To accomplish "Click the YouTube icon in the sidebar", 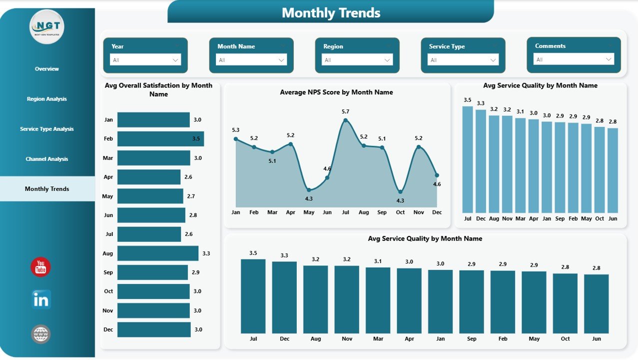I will [x=40, y=267].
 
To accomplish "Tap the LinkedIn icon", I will [x=41, y=299].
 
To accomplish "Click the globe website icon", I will [x=41, y=334].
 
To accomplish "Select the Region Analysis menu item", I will [x=47, y=99].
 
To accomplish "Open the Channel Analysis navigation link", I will [x=47, y=159].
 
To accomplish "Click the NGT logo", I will [x=47, y=26].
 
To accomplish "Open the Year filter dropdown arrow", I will [x=175, y=60].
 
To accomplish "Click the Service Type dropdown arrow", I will [x=493, y=60].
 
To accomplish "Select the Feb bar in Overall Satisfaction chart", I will [x=160, y=138].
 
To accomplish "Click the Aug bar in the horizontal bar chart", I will [x=157, y=253].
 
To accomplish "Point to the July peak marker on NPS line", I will [x=345, y=119].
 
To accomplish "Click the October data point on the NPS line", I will [x=400, y=191].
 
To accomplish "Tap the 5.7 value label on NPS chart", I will [x=346, y=111].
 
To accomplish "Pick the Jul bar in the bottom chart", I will [x=253, y=296].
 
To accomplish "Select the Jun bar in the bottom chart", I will [x=597, y=303].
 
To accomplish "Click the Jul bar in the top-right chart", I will [x=468, y=159].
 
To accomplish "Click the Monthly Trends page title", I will [x=331, y=12].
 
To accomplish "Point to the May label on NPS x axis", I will [x=309, y=212].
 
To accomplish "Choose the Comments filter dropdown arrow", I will [x=609, y=59].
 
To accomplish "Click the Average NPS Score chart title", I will [x=336, y=92].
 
